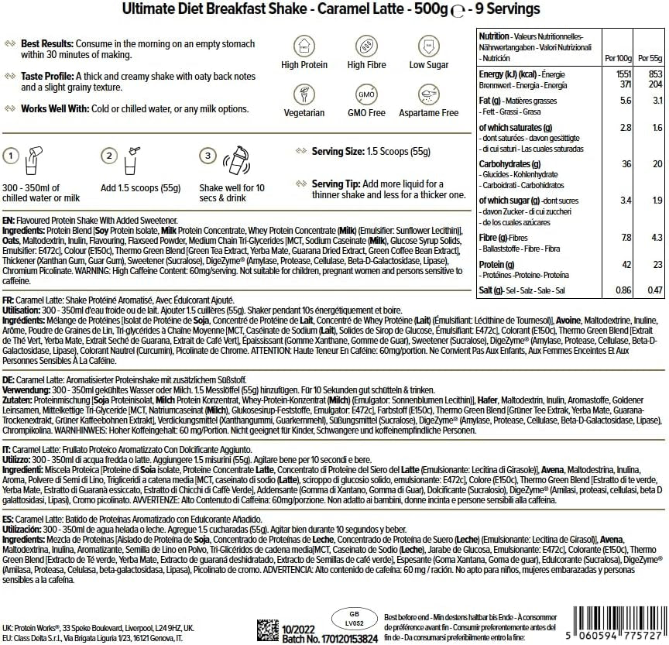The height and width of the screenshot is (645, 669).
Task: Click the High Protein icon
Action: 304,43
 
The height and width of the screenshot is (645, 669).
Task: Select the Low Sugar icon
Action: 428,43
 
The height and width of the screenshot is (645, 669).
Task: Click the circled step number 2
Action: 110,156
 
